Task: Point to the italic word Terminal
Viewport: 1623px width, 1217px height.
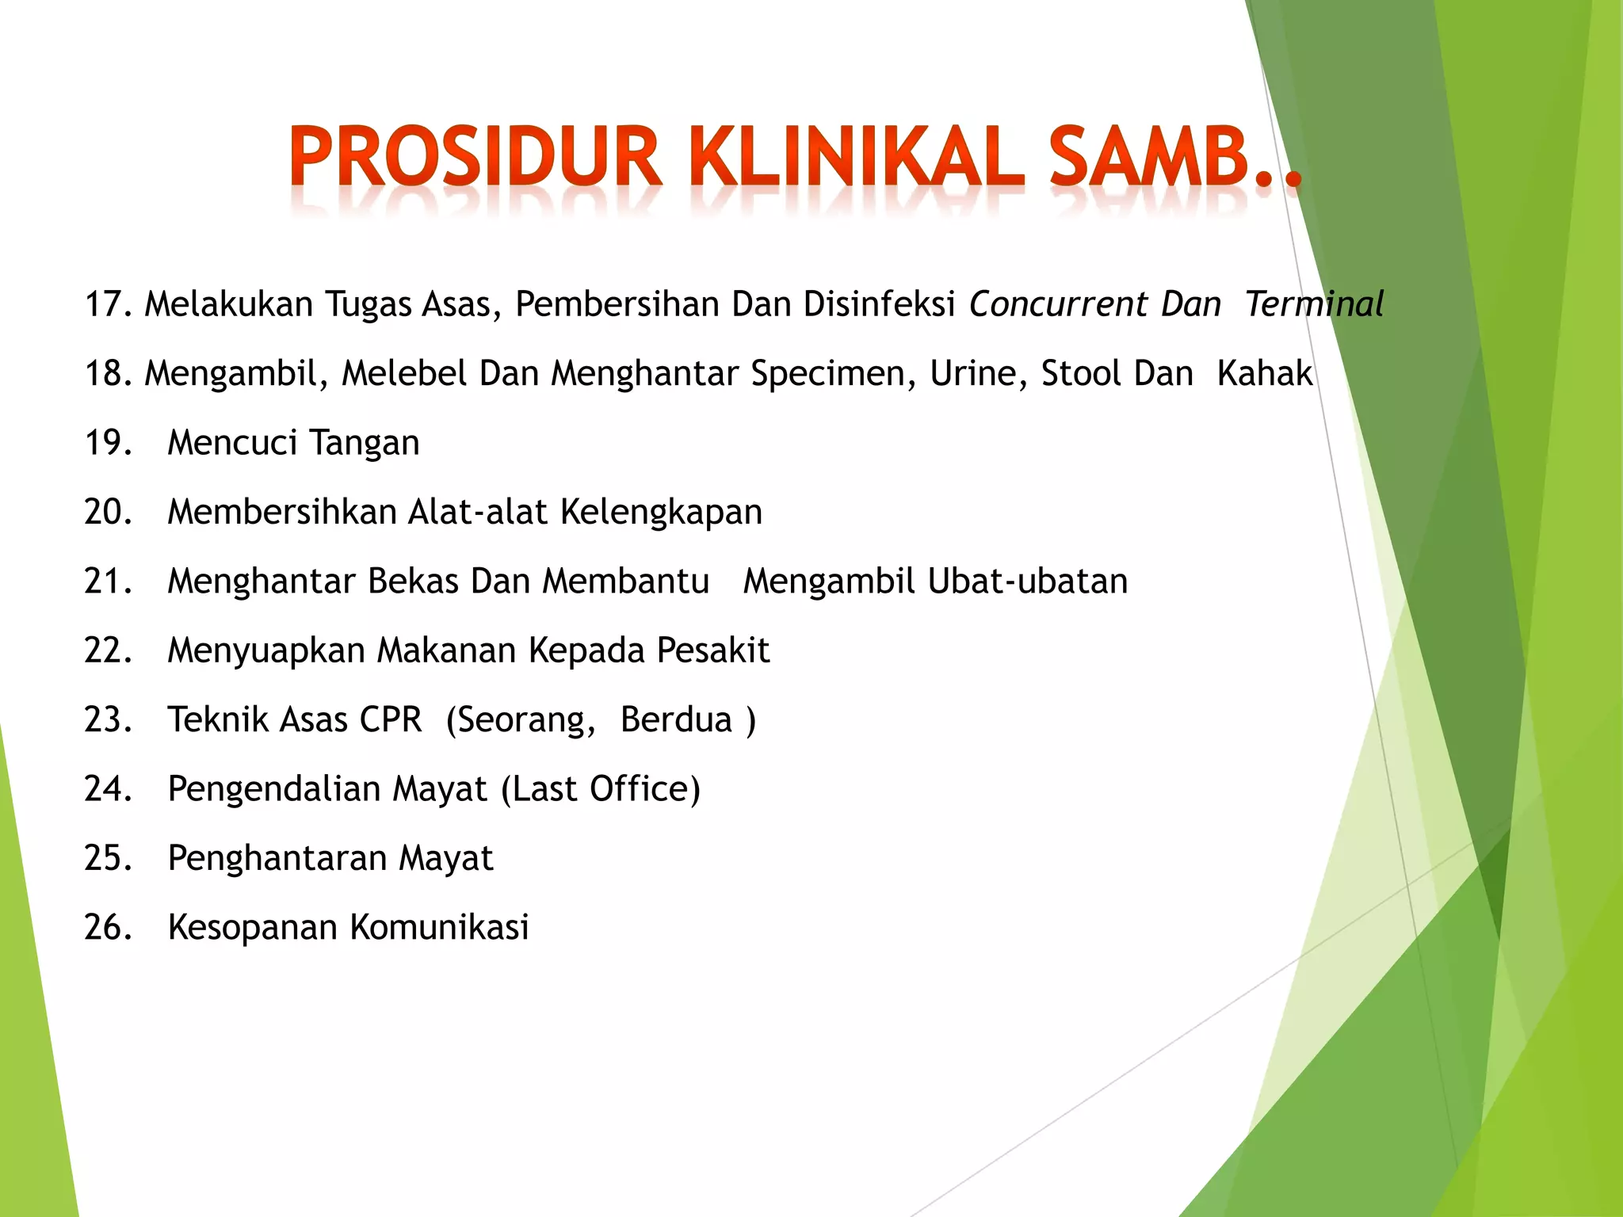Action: coord(1314,304)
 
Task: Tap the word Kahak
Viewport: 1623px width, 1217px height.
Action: coord(1265,374)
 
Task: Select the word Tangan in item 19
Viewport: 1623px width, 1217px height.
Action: coord(364,443)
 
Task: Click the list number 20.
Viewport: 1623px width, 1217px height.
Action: coord(109,512)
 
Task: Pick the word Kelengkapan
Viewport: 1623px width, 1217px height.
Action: coord(661,512)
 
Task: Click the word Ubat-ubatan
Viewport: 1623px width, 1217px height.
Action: coord(1027,582)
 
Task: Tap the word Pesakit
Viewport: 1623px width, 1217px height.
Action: coord(713,650)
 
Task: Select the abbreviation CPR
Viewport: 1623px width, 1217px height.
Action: coord(391,719)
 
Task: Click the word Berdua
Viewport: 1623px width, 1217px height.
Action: coord(676,719)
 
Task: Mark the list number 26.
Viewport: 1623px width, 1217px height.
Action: coord(109,927)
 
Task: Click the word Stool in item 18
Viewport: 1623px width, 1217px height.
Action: coord(1078,374)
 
